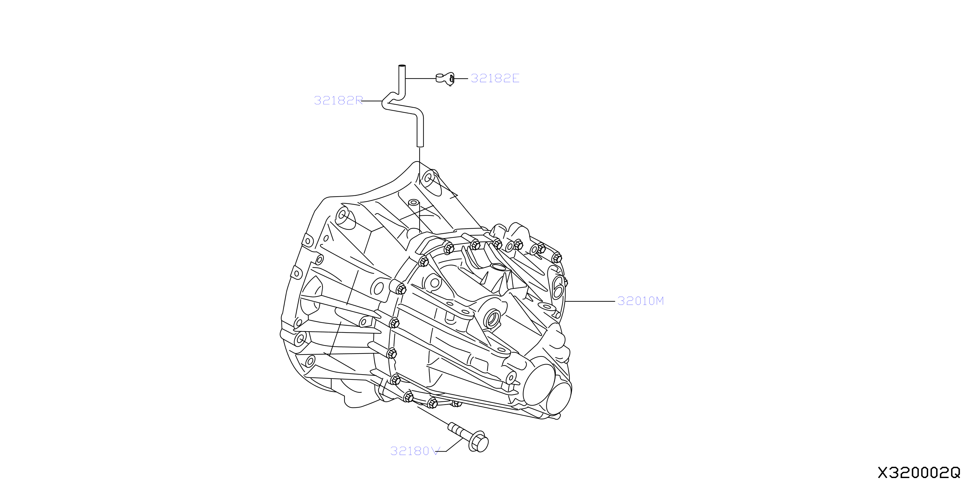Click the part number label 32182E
495,78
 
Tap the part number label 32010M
641,301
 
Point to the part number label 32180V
414,451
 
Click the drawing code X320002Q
919,473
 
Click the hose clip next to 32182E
445,79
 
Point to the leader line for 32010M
590,301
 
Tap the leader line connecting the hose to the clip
421,78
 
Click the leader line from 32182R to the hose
372,101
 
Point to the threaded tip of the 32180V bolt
452,426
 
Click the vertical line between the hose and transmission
420,166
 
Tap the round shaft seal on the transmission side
492,318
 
